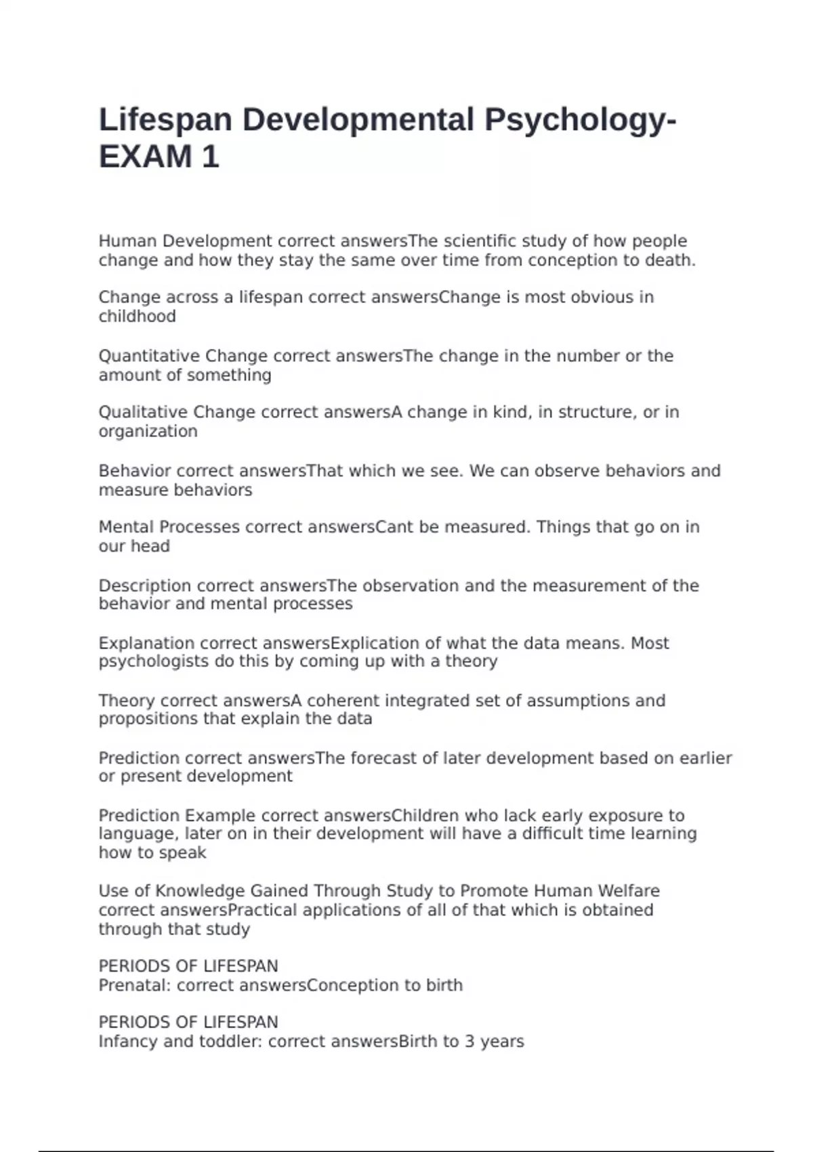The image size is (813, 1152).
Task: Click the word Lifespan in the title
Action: click(165, 121)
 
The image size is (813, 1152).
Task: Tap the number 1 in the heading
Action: click(210, 157)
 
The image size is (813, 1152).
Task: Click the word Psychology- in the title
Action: click(580, 121)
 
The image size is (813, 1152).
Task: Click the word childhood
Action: click(137, 316)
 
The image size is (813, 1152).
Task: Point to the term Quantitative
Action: click(149, 356)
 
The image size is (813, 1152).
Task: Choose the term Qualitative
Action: click(143, 412)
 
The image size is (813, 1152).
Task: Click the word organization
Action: click(148, 432)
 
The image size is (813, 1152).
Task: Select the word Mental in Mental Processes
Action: click(126, 527)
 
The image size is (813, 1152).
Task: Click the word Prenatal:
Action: click(135, 985)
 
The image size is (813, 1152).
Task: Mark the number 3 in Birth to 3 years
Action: click(470, 1042)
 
